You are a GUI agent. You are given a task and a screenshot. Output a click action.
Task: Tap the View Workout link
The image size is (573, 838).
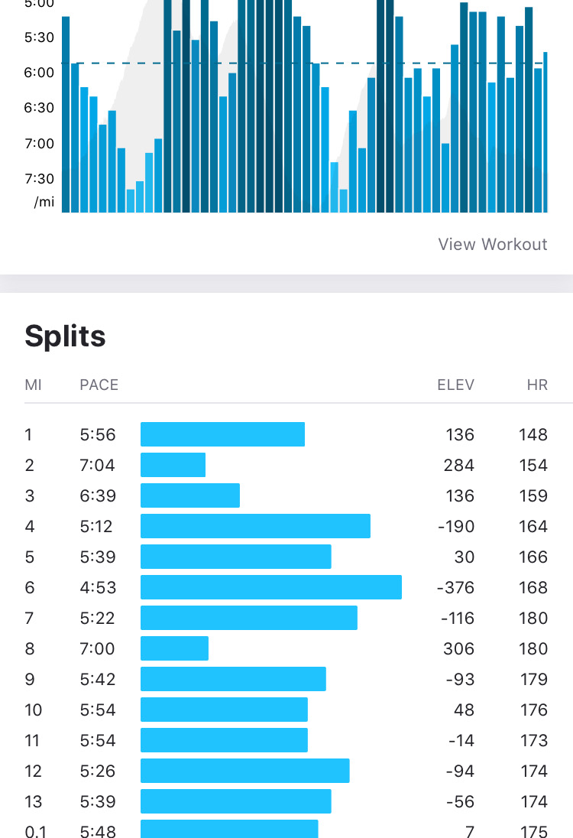pos(493,245)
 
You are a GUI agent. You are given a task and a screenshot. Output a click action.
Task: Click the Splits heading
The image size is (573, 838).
pos(65,336)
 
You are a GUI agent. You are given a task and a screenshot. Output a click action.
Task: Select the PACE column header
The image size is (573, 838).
pos(99,385)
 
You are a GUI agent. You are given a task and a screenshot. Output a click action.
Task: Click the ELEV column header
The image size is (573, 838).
pos(455,385)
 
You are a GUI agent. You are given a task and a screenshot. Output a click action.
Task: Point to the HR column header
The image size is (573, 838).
pos(537,385)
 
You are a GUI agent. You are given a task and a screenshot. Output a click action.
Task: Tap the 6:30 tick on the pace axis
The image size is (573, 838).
pos(39,108)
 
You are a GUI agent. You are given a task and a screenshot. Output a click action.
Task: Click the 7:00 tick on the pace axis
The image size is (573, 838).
pos(39,144)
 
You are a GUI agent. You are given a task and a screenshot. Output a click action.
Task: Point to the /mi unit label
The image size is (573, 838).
pos(44,203)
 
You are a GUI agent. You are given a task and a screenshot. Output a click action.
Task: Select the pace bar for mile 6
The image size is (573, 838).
pos(271,587)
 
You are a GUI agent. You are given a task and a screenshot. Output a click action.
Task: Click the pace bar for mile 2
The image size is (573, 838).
pos(173,465)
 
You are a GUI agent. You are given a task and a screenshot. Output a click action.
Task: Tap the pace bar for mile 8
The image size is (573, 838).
pos(174,648)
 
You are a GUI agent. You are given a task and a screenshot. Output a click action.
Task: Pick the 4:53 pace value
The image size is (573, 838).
pos(98,587)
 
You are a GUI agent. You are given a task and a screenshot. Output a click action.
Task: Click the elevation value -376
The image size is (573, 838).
pos(455,587)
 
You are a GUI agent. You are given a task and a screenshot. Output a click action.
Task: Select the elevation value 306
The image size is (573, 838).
pos(459,648)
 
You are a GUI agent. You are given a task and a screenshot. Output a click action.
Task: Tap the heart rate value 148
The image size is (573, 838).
pos(533,434)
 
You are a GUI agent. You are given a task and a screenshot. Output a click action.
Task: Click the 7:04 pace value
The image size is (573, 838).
pos(98,465)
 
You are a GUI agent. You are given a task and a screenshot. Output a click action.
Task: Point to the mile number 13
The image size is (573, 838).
pos(33,801)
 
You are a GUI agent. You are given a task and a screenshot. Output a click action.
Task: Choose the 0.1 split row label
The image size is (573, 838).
pos(34,831)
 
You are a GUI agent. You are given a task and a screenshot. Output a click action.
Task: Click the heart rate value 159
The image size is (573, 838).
pos(533,495)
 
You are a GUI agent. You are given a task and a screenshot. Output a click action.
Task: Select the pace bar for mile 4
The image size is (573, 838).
pos(255,526)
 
